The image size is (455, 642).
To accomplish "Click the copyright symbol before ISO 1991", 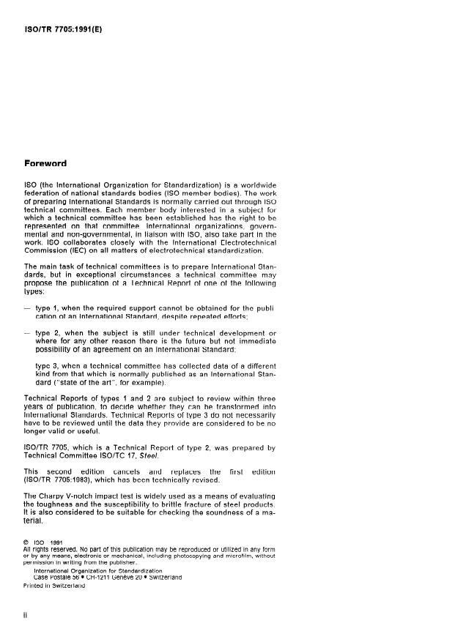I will click(27, 542).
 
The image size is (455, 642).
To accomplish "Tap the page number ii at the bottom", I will click(26, 616).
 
